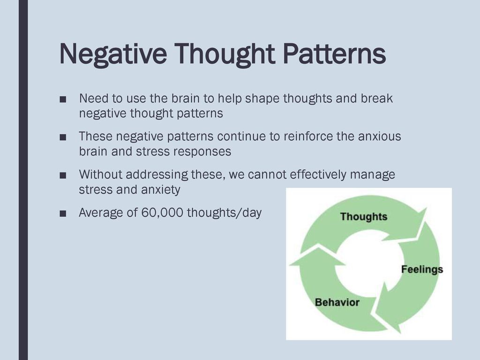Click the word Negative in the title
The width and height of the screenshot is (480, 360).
pyautogui.click(x=113, y=54)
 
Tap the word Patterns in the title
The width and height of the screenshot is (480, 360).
pyautogui.click(x=334, y=53)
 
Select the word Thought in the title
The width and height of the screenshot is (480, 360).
pyautogui.click(x=225, y=54)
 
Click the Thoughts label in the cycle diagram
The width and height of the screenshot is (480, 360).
pyautogui.click(x=364, y=217)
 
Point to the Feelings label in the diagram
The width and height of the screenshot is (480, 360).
pyautogui.click(x=422, y=270)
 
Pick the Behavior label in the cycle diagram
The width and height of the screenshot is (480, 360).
pyautogui.click(x=337, y=302)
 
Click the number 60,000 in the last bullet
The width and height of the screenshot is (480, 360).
pyautogui.click(x=162, y=212)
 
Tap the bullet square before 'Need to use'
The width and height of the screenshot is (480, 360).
pyautogui.click(x=63, y=99)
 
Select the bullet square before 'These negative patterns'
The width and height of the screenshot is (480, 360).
pyautogui.click(x=63, y=137)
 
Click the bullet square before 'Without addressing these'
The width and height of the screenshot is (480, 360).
pyautogui.click(x=63, y=176)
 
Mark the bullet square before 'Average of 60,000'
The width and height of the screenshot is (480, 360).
pyautogui.click(x=63, y=214)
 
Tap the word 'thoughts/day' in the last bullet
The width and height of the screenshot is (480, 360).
pyautogui.click(x=225, y=213)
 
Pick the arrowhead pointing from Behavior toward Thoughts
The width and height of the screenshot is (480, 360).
pyautogui.click(x=318, y=256)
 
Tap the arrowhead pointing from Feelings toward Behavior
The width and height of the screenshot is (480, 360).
pyautogui.click(x=387, y=309)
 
